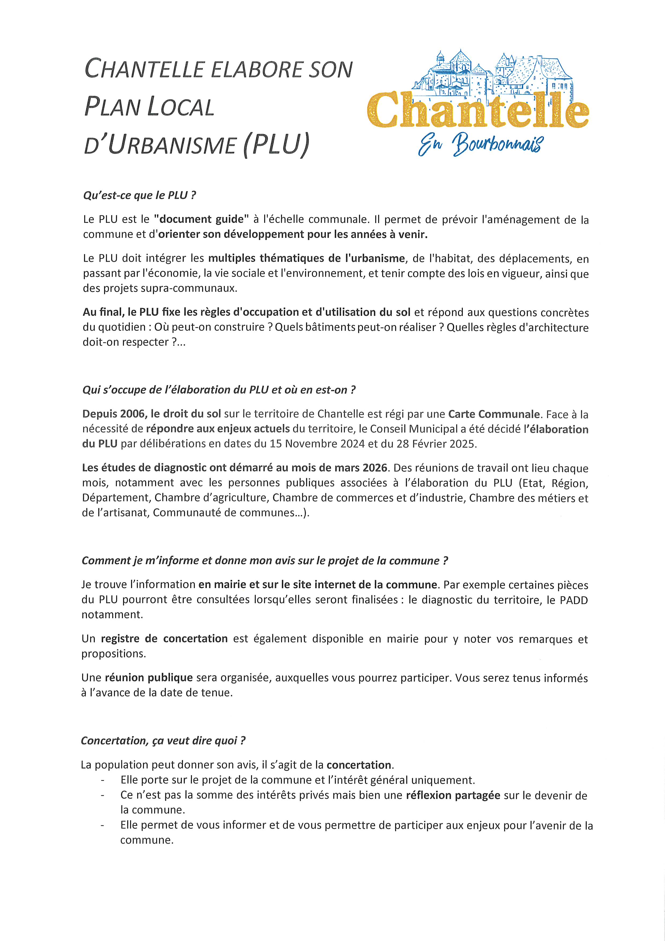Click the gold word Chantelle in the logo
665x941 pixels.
[477, 110]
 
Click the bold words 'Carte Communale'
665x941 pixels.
[493, 414]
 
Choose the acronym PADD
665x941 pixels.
[574, 600]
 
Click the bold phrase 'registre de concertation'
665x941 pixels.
[164, 638]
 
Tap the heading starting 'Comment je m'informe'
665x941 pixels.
[264, 561]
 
